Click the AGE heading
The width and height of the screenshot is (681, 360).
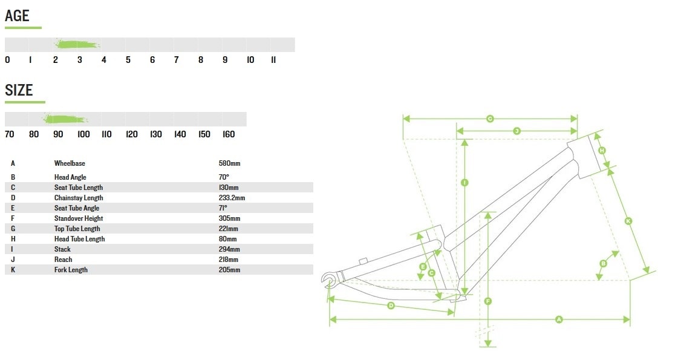pos(17,16)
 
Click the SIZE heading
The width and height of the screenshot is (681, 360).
pos(19,90)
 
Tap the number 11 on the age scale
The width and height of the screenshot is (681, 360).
pos(273,60)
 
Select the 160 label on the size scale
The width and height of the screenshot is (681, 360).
pos(229,134)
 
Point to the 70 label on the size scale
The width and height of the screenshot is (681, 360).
pos(9,134)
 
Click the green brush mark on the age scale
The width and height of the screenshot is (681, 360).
pos(77,44)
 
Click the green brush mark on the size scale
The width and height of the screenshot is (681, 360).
pos(65,119)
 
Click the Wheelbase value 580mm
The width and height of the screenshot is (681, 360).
pos(229,163)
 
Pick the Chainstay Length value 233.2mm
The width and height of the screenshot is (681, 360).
pos(232,198)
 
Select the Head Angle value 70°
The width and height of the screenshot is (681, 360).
pos(223,177)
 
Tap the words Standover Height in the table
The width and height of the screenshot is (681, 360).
pos(79,218)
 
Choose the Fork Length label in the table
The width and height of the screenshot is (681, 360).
pos(71,270)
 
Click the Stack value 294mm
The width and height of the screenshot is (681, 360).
pos(229,249)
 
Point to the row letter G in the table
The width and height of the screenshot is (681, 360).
pos(13,229)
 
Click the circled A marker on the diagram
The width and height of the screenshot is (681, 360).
pos(559,319)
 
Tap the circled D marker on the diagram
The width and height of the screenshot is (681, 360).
pos(391,306)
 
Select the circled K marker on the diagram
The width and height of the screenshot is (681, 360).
pos(628,221)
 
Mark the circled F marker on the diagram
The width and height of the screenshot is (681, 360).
pos(487,301)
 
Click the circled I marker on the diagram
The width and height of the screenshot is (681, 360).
pos(464,182)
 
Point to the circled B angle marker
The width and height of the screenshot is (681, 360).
pos(603,263)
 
